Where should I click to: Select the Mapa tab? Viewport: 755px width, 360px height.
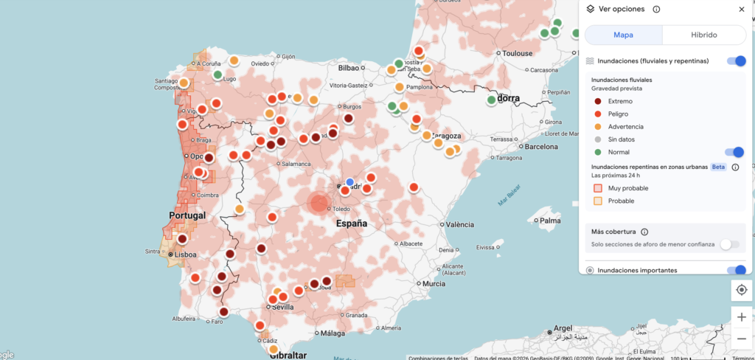[x=623, y=35]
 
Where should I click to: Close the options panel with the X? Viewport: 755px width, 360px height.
[x=741, y=9]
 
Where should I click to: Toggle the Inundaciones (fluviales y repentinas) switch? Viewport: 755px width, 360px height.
[x=736, y=61]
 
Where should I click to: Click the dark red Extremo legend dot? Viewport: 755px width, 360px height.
[x=597, y=101]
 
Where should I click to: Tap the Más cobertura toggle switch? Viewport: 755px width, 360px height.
[x=729, y=243]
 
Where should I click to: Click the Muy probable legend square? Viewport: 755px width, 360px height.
[x=599, y=188]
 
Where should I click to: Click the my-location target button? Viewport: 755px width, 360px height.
[x=741, y=289]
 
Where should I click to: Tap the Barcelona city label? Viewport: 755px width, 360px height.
[x=542, y=146]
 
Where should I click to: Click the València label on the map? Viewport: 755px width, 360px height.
[x=460, y=224]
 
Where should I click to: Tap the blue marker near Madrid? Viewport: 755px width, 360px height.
[x=350, y=181]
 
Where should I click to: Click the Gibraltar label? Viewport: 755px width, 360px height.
[x=288, y=355]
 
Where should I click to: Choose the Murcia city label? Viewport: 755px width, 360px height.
[x=434, y=283]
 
